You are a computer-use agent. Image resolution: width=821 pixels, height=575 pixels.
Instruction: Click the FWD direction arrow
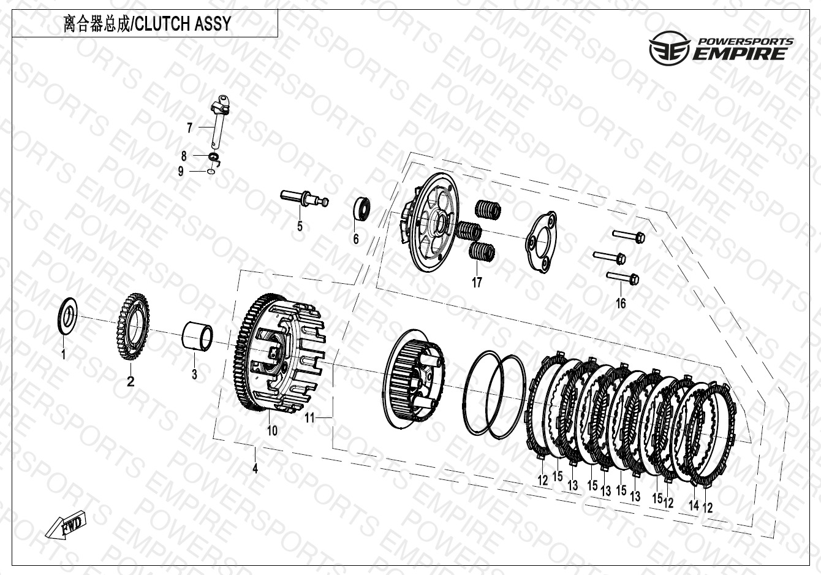[x=66, y=523]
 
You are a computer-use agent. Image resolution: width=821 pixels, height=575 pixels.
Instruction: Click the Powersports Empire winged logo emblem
[x=669, y=48]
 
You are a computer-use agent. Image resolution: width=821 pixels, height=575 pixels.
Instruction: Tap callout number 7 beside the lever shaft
[x=189, y=128]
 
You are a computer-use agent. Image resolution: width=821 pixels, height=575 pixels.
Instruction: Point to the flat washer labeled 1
[x=68, y=316]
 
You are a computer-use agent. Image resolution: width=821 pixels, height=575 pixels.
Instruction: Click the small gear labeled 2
[x=133, y=326]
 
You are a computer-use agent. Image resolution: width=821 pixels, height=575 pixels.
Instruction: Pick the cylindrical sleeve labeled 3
[x=197, y=336]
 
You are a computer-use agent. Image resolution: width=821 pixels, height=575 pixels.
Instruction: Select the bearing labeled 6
[x=361, y=209]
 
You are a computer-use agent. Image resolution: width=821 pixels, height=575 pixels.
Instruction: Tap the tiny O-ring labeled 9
[x=211, y=172]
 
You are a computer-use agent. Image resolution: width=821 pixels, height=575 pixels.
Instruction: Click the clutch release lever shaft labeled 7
[x=221, y=122]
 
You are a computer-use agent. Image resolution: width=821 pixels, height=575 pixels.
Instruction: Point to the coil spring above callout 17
[x=482, y=252]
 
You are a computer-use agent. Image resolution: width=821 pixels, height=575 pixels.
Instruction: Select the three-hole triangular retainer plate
[x=542, y=242]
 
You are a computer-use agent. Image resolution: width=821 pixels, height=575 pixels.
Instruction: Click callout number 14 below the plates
[x=694, y=505]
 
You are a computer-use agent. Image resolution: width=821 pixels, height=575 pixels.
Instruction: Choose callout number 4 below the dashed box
[x=255, y=468]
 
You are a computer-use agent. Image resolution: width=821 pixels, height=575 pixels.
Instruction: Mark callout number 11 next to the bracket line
[x=309, y=417]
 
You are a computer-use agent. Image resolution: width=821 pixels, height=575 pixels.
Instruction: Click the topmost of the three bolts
[x=628, y=236]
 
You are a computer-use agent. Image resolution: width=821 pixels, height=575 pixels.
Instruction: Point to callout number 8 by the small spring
[x=184, y=156]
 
